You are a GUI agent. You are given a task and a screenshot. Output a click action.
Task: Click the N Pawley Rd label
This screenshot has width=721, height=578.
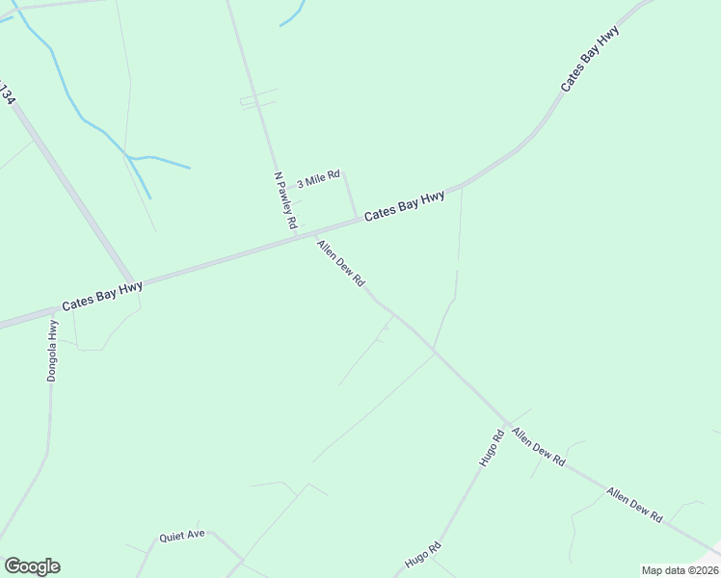point(285,200)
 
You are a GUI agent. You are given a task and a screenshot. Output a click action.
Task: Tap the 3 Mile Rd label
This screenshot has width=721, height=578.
point(318,178)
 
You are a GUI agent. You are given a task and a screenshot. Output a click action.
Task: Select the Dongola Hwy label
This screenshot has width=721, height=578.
point(53,351)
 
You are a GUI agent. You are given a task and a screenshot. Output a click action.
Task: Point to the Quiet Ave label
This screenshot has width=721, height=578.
point(182,536)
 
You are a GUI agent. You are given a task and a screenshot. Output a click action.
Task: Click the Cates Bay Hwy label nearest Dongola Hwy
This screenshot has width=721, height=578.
point(102,295)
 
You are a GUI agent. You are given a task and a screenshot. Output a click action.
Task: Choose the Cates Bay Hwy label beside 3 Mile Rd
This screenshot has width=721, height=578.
point(404,204)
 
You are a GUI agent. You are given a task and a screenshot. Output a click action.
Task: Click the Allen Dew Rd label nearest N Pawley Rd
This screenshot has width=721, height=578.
point(340,263)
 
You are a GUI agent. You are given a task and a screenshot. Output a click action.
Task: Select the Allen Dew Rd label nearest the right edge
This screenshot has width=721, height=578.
point(634,505)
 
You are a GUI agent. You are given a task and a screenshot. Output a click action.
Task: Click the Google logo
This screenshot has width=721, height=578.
point(32,566)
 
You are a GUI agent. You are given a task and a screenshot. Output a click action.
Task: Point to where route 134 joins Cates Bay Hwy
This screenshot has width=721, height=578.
point(134,282)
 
